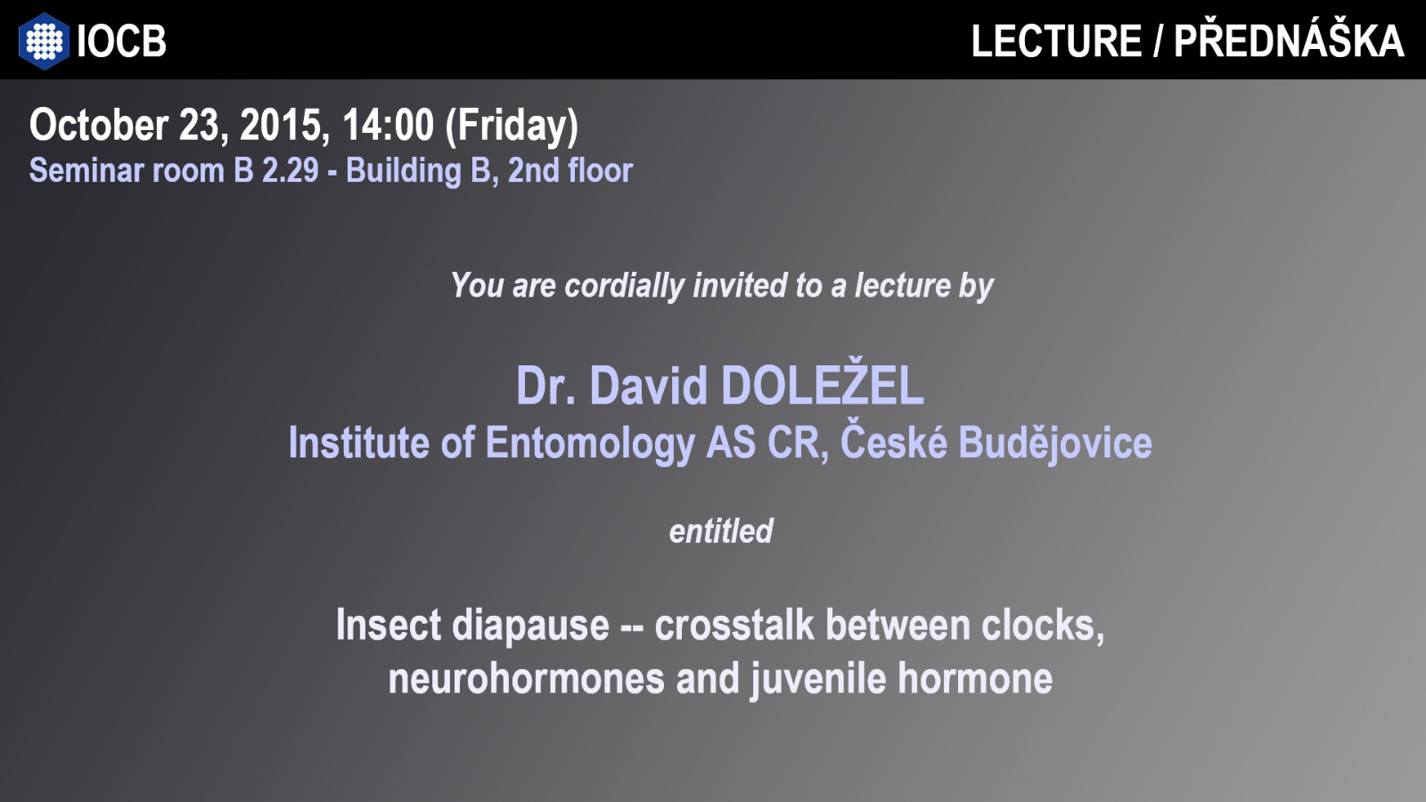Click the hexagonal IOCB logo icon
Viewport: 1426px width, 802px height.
pyautogui.click(x=44, y=41)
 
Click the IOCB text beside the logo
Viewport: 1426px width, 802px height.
pyautogui.click(x=121, y=41)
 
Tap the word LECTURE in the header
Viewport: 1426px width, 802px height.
pyautogui.click(x=1056, y=41)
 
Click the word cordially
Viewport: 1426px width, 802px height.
pyautogui.click(x=625, y=286)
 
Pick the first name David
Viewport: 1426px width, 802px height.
pyautogui.click(x=648, y=385)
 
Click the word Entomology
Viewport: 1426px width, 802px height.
pyautogui.click(x=590, y=443)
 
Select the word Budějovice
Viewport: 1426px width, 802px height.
pyautogui.click(x=1055, y=441)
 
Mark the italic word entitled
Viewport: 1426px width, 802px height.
pyautogui.click(x=721, y=531)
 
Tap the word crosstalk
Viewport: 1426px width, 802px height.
pyautogui.click(x=734, y=625)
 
